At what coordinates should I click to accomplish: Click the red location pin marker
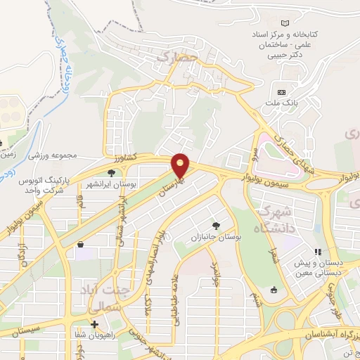[x=181, y=166]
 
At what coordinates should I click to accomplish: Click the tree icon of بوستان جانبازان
[x=215, y=226]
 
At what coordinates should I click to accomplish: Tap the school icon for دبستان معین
[x=318, y=251]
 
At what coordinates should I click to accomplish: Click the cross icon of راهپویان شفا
[x=94, y=324]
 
